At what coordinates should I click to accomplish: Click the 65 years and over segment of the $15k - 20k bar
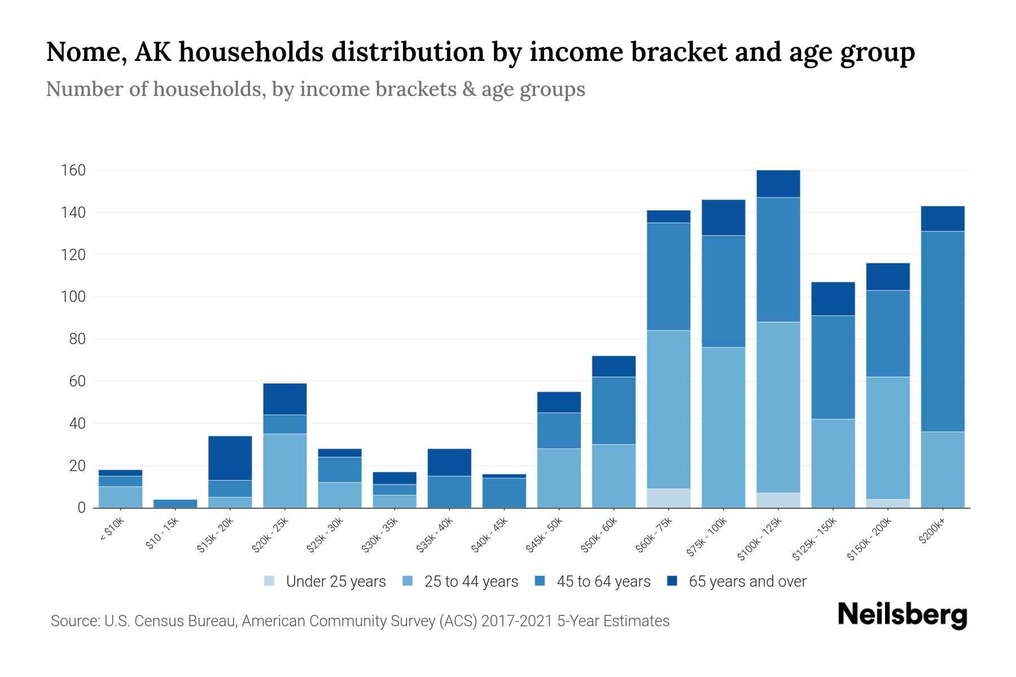point(230,458)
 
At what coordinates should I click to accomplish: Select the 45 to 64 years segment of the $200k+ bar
point(942,331)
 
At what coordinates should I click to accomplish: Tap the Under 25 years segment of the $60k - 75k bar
point(668,498)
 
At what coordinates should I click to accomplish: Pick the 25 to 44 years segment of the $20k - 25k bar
point(284,471)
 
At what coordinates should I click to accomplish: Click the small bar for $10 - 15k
point(175,503)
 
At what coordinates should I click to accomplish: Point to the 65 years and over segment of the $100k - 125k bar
point(778,183)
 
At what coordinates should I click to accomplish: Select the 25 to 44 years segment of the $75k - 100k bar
point(723,427)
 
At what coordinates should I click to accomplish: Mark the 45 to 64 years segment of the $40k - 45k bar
point(504,493)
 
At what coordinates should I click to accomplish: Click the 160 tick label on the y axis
point(73,170)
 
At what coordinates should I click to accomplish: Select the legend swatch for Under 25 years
point(270,581)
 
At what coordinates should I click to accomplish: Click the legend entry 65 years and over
point(747,581)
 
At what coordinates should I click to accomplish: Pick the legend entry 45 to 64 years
point(603,581)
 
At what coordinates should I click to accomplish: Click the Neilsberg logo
point(902,615)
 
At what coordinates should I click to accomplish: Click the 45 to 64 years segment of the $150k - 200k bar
point(887,333)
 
